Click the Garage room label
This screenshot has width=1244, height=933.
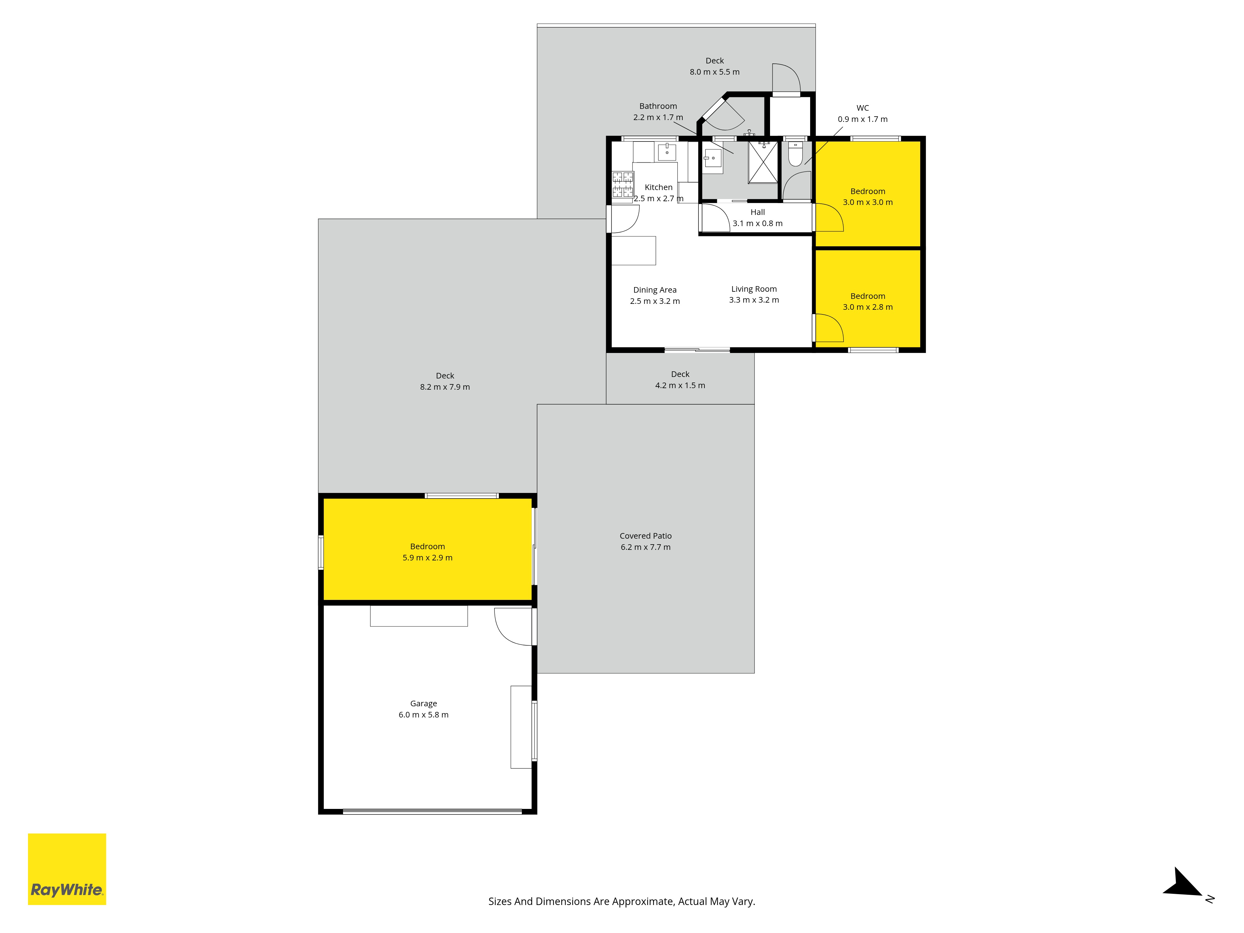pyautogui.click(x=424, y=703)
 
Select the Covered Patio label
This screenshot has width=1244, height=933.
pyautogui.click(x=646, y=536)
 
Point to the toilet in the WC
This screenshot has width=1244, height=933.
pyautogui.click(x=795, y=154)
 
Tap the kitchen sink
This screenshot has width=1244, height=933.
pyautogui.click(x=667, y=152)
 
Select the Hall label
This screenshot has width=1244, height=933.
pyautogui.click(x=758, y=212)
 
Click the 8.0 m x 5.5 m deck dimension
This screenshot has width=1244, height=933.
pyautogui.click(x=715, y=72)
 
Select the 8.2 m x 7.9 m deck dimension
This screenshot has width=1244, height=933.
pyautogui.click(x=445, y=387)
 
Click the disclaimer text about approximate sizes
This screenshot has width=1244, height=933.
pyautogui.click(x=621, y=902)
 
